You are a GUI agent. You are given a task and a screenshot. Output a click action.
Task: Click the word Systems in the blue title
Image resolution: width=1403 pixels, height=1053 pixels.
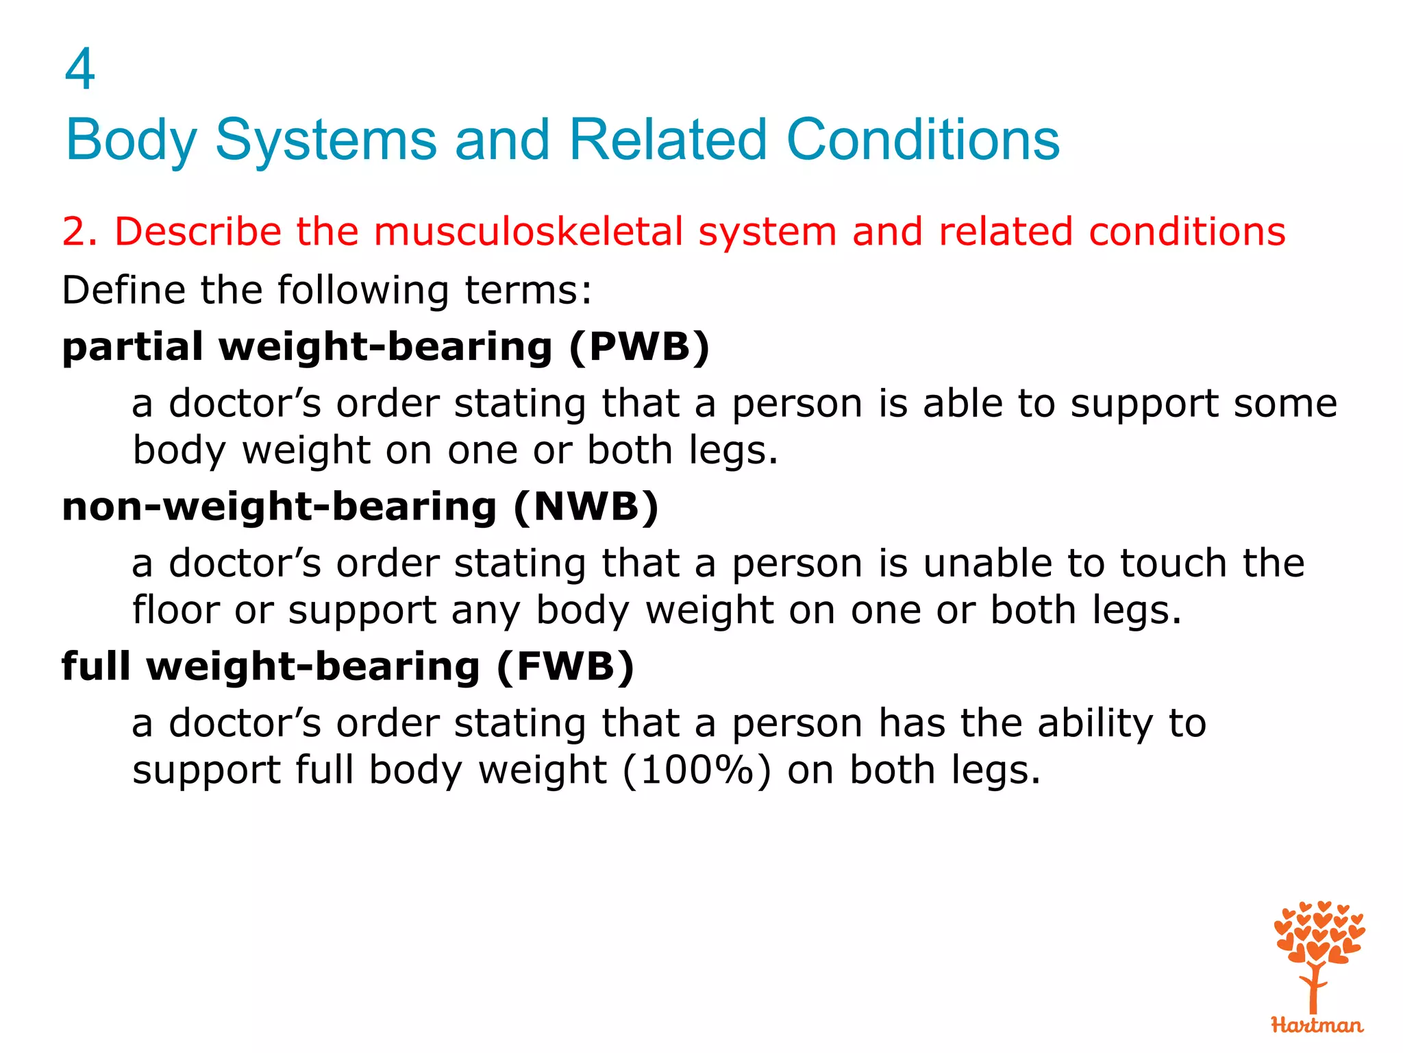click(326, 140)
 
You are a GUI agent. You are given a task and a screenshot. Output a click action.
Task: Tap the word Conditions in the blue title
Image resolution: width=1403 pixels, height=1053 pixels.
click(923, 140)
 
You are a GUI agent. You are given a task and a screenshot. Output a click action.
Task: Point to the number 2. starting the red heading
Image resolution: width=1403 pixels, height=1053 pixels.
click(80, 232)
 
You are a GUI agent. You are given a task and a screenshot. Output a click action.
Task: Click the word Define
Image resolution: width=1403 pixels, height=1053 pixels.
click(123, 290)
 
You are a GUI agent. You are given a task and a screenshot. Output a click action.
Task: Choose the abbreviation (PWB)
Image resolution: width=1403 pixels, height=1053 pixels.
click(639, 347)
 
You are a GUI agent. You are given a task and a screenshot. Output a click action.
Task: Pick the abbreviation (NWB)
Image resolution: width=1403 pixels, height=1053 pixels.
click(586, 507)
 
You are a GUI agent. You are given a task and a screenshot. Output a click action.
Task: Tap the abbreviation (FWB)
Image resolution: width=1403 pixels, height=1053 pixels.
click(565, 667)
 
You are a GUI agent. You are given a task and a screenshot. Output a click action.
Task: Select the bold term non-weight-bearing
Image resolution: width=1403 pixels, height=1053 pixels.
click(279, 507)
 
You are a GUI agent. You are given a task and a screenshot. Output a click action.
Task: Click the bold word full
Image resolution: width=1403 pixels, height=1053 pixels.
click(96, 667)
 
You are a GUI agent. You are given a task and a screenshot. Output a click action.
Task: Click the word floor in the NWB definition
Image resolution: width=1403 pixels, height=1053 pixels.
click(175, 610)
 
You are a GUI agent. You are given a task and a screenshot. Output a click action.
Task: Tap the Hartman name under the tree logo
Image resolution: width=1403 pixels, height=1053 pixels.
click(1317, 1026)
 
